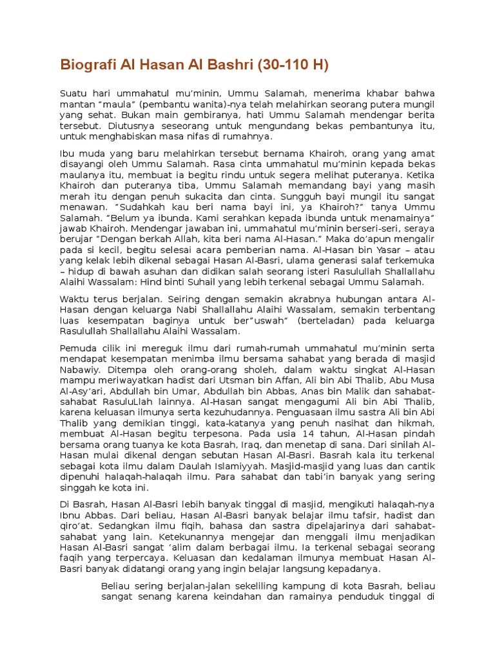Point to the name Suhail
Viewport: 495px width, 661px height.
191,281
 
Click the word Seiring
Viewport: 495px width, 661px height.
187,300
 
